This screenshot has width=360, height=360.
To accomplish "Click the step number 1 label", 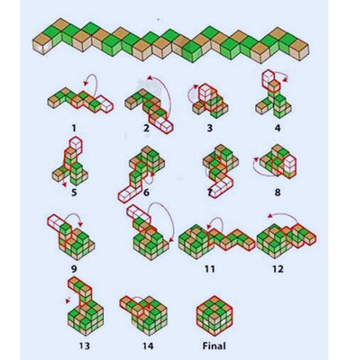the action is (x=74, y=128).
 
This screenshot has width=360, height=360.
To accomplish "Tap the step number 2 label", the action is (x=146, y=128).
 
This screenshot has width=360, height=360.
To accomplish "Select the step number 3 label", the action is (x=209, y=128).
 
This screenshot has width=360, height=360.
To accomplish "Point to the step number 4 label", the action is (x=278, y=128).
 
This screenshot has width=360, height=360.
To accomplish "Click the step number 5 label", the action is (x=74, y=192).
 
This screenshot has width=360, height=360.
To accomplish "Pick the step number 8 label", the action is (x=278, y=192).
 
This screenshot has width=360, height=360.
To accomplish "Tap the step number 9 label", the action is (x=74, y=269).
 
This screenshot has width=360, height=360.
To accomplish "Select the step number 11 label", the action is (x=209, y=269).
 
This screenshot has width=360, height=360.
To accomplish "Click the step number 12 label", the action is (x=278, y=269).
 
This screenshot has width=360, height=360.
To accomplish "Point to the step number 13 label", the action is (x=84, y=345).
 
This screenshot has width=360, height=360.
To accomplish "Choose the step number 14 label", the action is (x=148, y=345).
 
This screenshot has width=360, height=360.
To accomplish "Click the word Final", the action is (x=214, y=345).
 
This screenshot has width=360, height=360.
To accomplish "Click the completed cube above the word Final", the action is (x=215, y=315).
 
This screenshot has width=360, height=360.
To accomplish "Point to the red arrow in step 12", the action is (x=282, y=215).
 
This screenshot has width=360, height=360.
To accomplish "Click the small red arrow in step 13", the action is (x=68, y=299).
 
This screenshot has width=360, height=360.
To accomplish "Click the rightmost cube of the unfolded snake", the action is (x=299, y=49).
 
